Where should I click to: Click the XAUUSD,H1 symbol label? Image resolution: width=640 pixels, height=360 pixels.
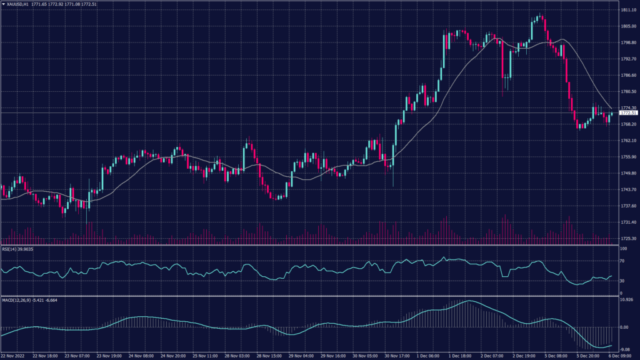point(19,4)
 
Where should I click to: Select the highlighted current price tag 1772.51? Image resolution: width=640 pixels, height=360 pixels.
point(628,113)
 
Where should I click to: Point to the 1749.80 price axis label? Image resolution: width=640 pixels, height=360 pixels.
point(628,173)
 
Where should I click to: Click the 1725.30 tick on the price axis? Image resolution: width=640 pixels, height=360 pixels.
point(628,238)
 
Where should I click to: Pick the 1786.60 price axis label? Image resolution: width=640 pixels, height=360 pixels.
point(628,76)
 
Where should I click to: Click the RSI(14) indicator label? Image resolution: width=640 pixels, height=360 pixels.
point(17,249)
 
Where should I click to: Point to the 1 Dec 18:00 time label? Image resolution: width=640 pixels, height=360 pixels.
point(461,356)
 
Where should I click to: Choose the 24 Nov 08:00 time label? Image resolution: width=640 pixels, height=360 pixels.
point(142,356)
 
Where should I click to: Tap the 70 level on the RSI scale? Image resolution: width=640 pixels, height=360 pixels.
point(622,265)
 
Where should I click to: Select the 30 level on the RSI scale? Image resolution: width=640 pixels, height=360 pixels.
point(622,281)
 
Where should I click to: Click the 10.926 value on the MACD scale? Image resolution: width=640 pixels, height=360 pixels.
point(627,301)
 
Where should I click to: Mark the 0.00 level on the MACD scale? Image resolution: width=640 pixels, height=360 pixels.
point(624,327)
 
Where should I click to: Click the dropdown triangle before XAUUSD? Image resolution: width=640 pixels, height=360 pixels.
point(3,4)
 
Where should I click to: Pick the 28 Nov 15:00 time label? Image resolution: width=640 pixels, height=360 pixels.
point(269,356)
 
